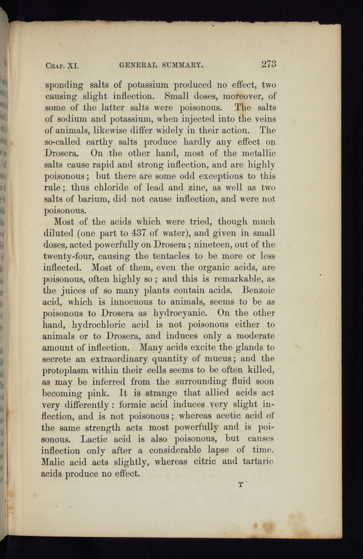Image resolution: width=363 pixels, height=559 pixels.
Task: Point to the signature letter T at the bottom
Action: click(x=240, y=484)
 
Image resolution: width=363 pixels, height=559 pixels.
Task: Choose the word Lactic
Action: click(x=94, y=439)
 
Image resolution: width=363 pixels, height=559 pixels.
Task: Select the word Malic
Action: click(x=53, y=462)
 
